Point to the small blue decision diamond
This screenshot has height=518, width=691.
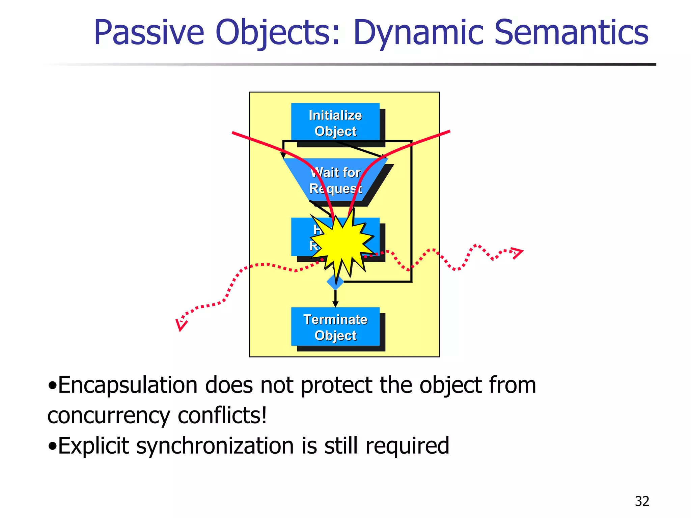point(335,282)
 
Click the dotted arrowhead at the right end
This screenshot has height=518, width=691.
point(517,253)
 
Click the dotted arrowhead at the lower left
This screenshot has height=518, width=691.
point(181,324)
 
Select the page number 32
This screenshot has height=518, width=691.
point(642,501)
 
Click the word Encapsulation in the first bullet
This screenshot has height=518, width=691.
point(128,385)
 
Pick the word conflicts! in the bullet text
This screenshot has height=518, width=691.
point(222,415)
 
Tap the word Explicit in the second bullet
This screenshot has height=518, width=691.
point(93,446)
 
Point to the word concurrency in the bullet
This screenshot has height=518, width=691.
point(109,416)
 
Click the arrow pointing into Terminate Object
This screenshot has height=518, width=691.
point(335,298)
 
